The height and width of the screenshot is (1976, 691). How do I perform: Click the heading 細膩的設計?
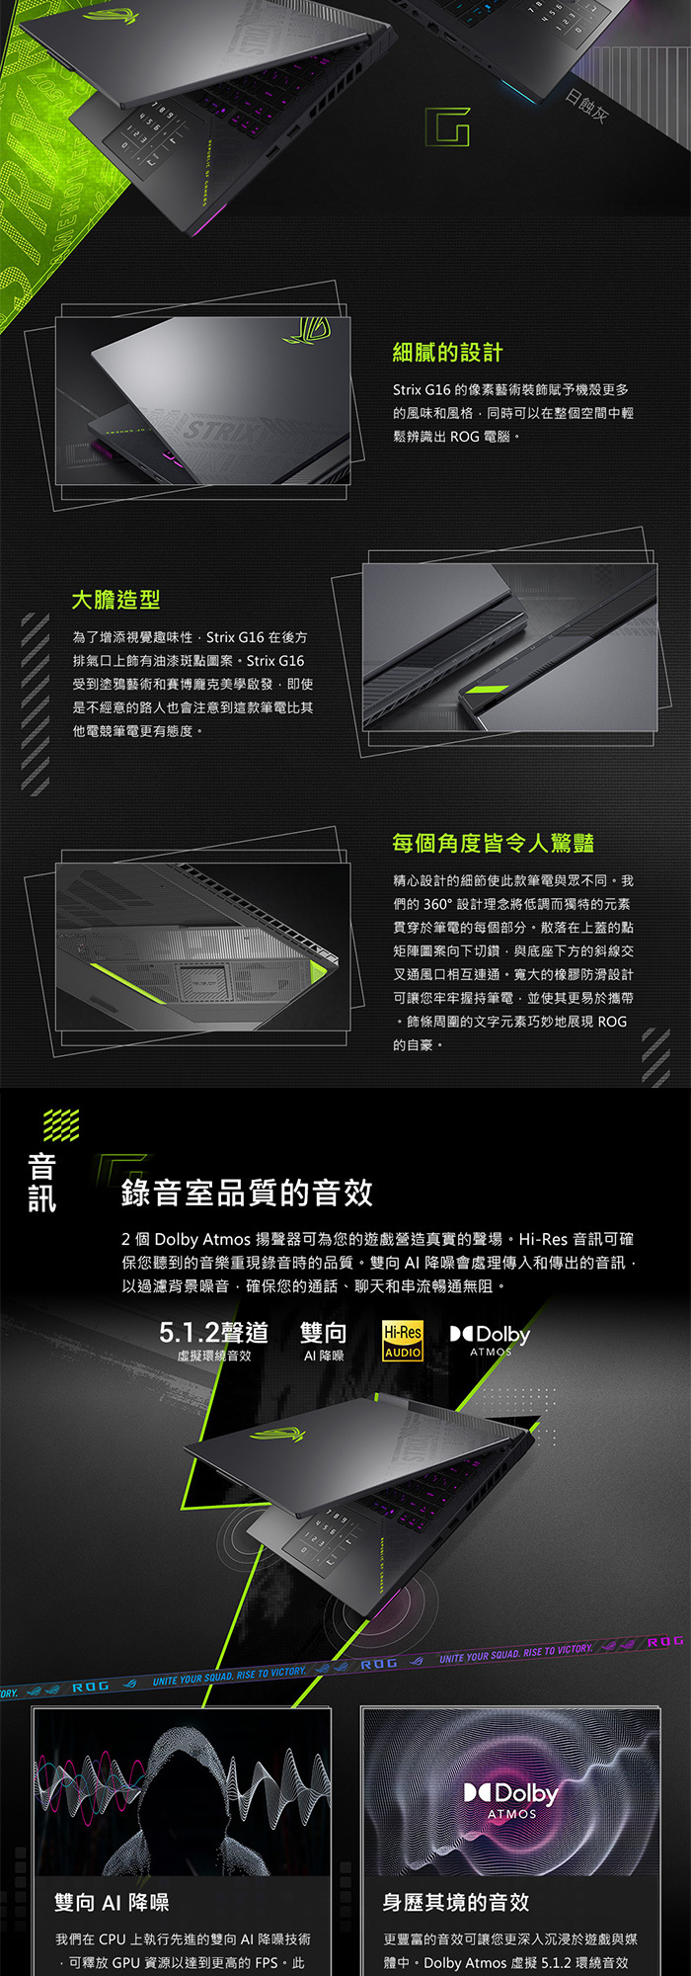pos(447,353)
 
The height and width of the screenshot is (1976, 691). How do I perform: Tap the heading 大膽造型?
pos(115,600)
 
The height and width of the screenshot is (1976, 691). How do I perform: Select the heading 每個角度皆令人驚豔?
pos(493,843)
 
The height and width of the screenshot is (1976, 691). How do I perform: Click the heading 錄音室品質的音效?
pos(247,1193)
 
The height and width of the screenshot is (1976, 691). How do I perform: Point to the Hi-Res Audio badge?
pos(403,1341)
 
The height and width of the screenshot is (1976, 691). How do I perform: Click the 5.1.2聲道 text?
pos(213,1333)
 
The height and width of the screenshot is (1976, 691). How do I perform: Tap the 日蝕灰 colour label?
pos(586,107)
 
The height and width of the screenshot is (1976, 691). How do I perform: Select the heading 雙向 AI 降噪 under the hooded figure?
pos(112,1902)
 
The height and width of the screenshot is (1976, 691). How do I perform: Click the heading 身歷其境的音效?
pos(455,1902)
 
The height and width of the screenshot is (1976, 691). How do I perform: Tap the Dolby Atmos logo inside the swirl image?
pos(511,1799)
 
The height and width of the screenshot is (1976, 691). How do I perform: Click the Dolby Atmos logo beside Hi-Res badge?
pos(491,1340)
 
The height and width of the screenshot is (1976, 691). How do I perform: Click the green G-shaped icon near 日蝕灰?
pos(447,126)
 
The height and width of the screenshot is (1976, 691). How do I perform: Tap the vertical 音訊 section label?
pos(41,1183)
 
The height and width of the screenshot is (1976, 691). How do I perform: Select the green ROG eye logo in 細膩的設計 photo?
pos(306,331)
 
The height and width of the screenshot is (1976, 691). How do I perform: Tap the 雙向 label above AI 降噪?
pos(323,1333)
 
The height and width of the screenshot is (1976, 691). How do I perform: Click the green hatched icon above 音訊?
pos(61,1124)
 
